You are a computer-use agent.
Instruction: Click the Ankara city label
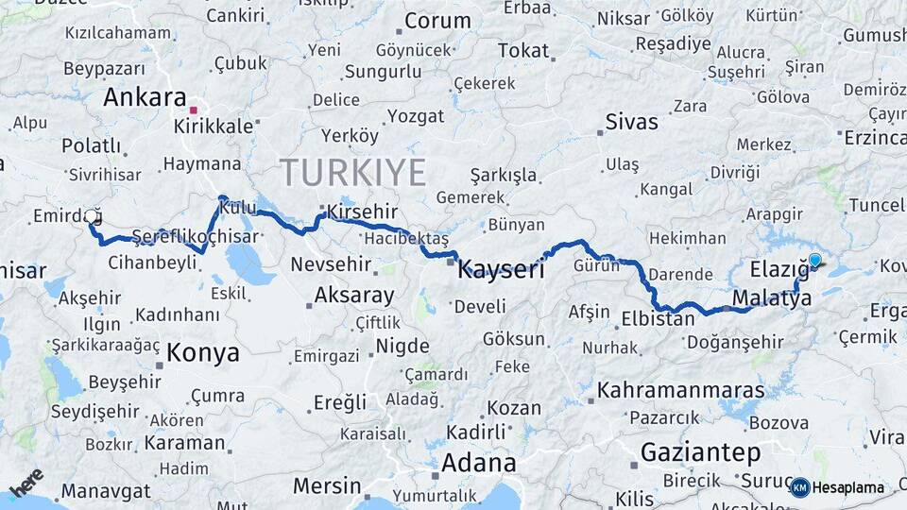(x=145, y=97)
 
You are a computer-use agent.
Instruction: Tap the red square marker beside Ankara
(x=193, y=110)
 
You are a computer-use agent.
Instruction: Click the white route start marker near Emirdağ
(x=92, y=216)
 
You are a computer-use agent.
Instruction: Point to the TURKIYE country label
(x=352, y=173)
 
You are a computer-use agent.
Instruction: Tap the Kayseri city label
(x=501, y=271)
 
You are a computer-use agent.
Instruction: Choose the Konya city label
(x=203, y=353)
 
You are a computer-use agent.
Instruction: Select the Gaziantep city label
(x=700, y=452)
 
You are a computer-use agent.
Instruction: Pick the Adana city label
(x=479, y=463)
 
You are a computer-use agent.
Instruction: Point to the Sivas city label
(x=631, y=121)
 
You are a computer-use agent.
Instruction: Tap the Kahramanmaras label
(x=680, y=389)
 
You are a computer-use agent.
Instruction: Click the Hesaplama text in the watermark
(x=848, y=487)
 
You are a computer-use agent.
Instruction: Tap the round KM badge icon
(x=800, y=487)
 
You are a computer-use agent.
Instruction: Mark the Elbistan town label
(x=659, y=319)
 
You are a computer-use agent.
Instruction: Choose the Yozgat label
(x=415, y=116)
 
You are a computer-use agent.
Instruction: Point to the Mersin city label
(x=327, y=485)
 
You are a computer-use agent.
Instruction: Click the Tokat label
(x=522, y=51)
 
